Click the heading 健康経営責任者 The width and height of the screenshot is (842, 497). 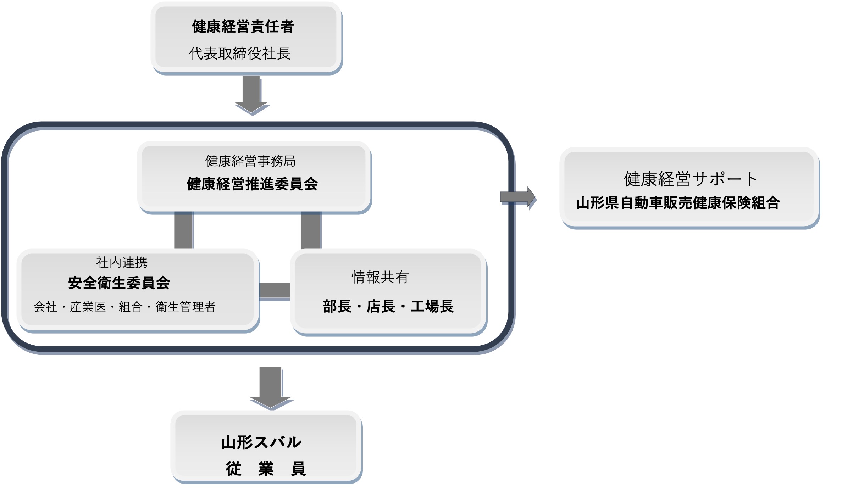(x=243, y=27)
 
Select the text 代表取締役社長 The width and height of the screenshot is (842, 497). (x=240, y=54)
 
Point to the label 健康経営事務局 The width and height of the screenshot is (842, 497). (x=250, y=161)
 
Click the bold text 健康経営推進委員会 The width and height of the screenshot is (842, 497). (x=252, y=184)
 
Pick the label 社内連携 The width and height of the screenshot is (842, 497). (x=122, y=263)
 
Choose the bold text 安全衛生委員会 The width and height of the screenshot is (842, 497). (x=119, y=283)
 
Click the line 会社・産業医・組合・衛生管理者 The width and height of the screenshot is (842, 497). (x=124, y=307)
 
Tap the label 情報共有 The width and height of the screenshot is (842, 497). (x=380, y=277)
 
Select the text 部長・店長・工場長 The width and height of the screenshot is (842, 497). (x=388, y=306)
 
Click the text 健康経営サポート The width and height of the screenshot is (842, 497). (x=691, y=179)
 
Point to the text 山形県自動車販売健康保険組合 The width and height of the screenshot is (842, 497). (x=678, y=203)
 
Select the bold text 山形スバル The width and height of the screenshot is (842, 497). (x=261, y=442)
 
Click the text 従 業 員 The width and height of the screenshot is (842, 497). (x=266, y=469)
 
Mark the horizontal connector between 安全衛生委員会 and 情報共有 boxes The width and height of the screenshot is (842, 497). (x=275, y=291)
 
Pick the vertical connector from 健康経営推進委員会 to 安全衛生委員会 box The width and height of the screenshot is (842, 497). (x=183, y=230)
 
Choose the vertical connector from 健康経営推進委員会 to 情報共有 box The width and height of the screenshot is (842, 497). (x=310, y=230)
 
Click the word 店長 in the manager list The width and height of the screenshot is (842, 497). (x=381, y=306)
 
